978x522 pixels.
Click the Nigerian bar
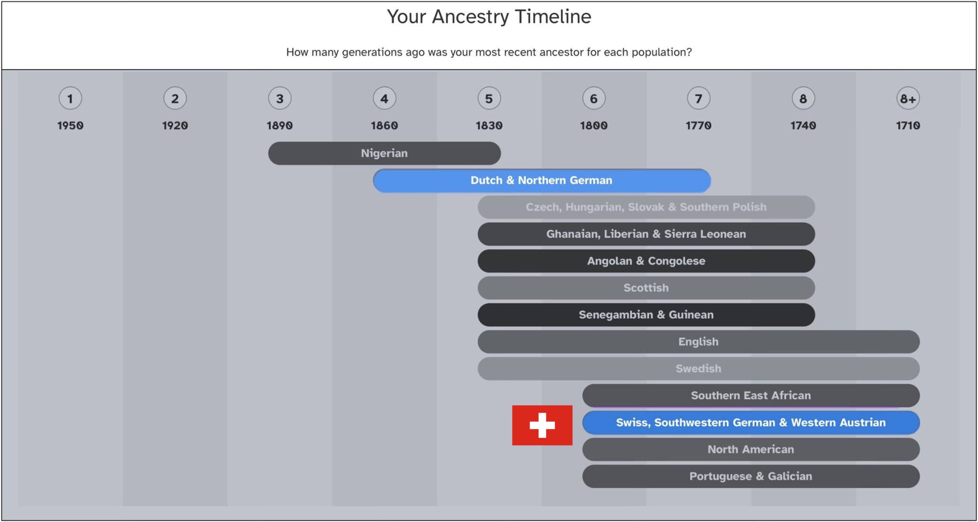pyautogui.click(x=384, y=153)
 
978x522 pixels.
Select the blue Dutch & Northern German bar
pyautogui.click(x=542, y=180)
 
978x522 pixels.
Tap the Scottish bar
pyautogui.click(x=646, y=288)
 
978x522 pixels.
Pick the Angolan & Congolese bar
pyautogui.click(x=646, y=261)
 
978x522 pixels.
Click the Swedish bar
pyautogui.click(x=698, y=368)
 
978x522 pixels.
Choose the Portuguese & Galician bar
pyautogui.click(x=751, y=476)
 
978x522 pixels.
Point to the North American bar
pyautogui.click(x=751, y=449)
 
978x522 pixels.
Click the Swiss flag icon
pyautogui.click(x=542, y=425)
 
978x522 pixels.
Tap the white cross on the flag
pyautogui.click(x=542, y=425)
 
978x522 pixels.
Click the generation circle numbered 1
pyautogui.click(x=70, y=99)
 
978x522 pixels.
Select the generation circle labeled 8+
pyautogui.click(x=908, y=99)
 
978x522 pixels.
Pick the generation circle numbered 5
pyautogui.click(x=489, y=99)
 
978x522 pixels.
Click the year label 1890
pyautogui.click(x=280, y=125)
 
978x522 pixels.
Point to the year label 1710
pyautogui.click(x=908, y=125)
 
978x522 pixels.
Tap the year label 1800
pyautogui.click(x=594, y=125)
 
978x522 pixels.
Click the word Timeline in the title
pyautogui.click(x=553, y=16)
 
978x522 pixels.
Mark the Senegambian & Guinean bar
pyautogui.click(x=646, y=315)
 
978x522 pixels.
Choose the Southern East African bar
pyautogui.click(x=751, y=396)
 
